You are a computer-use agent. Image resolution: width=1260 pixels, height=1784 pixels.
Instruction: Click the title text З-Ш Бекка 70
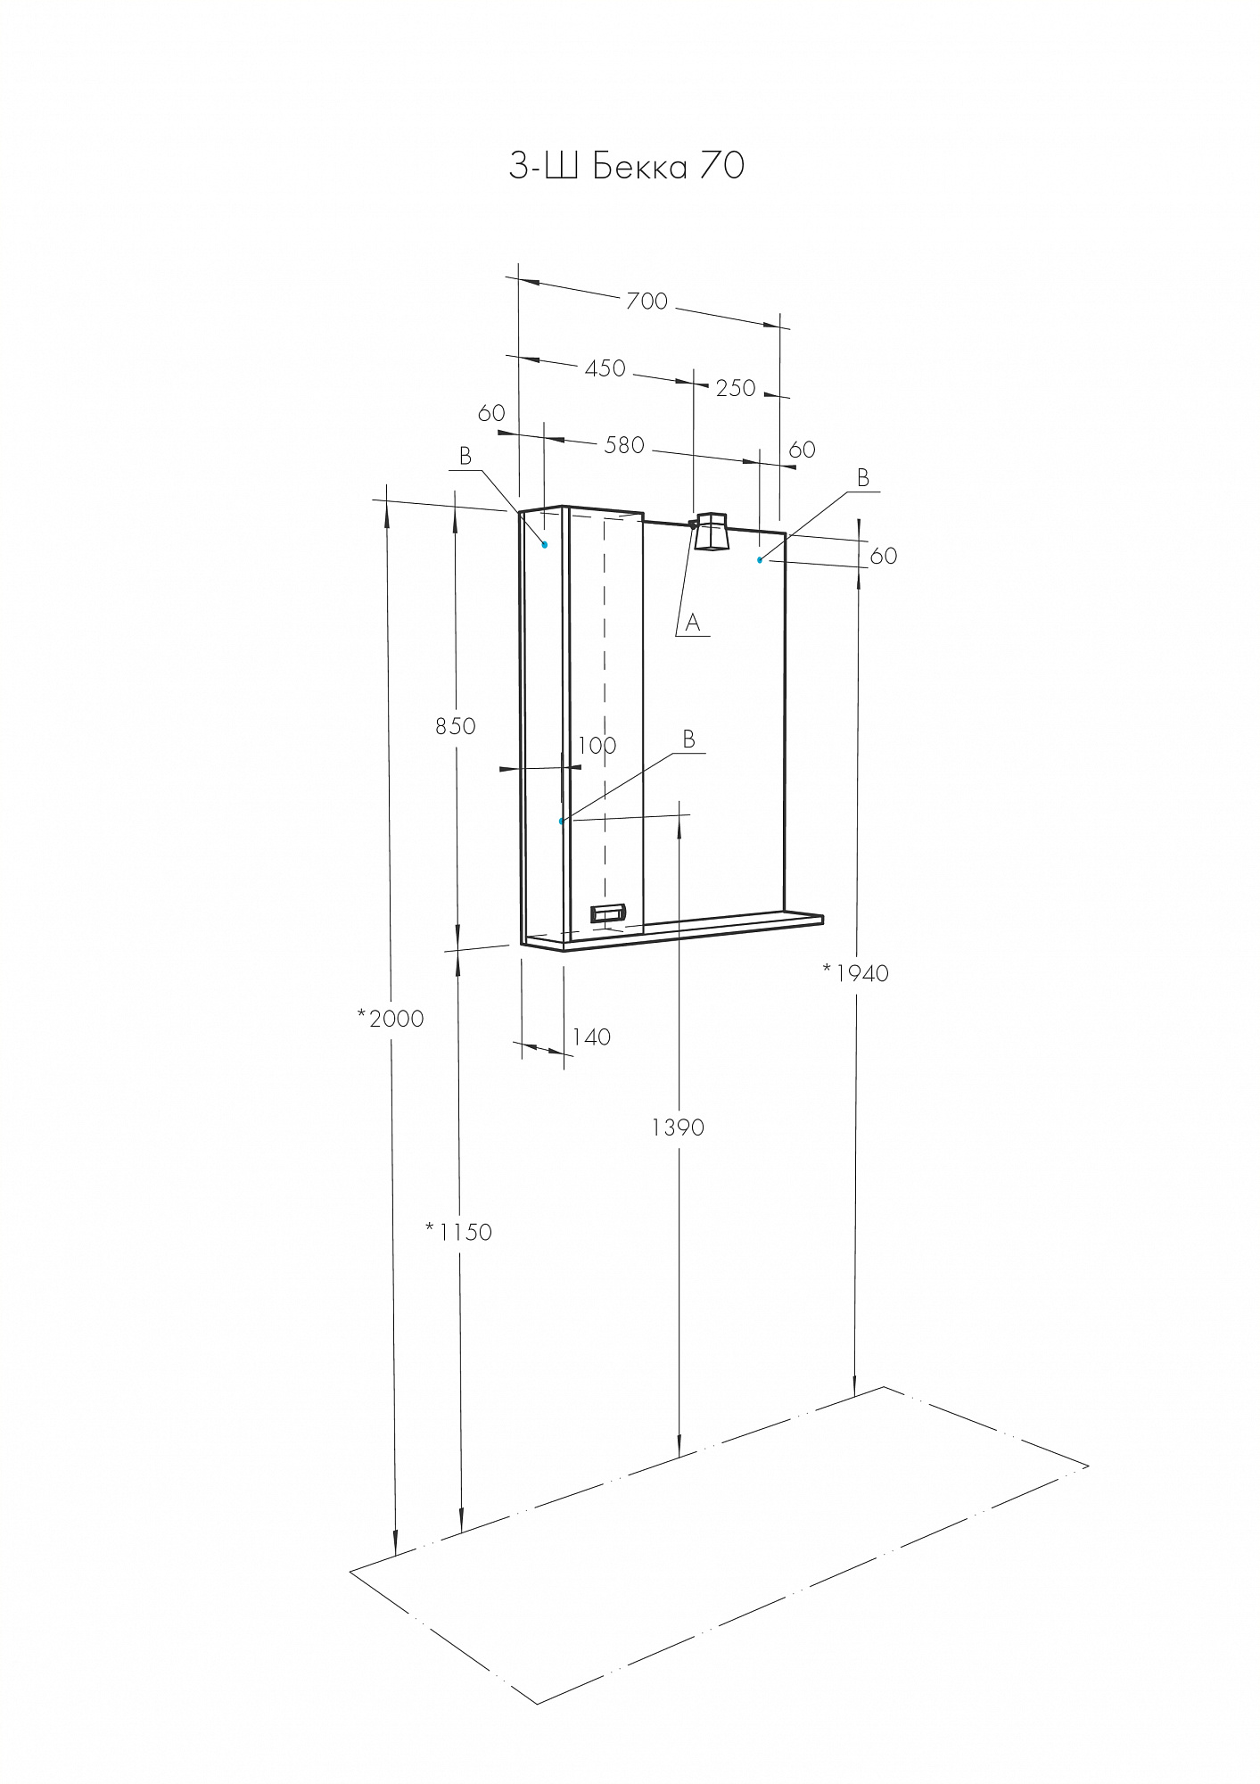tap(626, 166)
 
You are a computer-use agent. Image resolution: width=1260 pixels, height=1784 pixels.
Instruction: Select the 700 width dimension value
tap(646, 301)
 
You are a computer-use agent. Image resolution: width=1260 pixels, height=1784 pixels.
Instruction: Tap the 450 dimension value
tap(605, 368)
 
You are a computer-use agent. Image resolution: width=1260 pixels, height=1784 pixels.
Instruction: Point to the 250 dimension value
tap(736, 388)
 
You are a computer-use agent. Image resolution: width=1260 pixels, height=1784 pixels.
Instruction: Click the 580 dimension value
tap(624, 445)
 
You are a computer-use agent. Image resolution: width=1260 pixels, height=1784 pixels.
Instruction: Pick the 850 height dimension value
tap(456, 726)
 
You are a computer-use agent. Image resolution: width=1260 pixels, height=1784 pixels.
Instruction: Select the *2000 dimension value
tap(391, 1018)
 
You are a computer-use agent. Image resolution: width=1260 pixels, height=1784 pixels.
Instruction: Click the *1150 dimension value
tap(458, 1232)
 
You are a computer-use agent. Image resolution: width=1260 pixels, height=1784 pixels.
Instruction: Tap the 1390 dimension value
tap(678, 1127)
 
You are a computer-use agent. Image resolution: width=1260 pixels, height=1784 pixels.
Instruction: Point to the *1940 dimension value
tap(856, 973)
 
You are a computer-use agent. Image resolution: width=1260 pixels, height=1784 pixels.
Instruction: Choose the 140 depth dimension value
tap(591, 1037)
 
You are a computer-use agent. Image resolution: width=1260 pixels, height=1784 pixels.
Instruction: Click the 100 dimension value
tap(597, 745)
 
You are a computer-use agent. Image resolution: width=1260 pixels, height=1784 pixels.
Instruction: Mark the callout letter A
tap(693, 623)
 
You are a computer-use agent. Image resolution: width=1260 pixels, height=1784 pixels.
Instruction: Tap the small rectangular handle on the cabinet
tap(609, 913)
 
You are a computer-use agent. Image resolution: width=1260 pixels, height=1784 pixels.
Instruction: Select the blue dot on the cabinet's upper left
tap(545, 544)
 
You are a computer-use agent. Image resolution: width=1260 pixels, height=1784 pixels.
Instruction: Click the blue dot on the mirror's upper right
tap(760, 559)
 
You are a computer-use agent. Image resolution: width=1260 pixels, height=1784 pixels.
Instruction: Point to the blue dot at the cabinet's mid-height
tap(561, 821)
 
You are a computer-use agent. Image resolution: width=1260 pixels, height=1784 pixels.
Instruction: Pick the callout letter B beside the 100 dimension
tap(688, 739)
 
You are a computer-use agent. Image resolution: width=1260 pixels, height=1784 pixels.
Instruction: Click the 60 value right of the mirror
tap(883, 556)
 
